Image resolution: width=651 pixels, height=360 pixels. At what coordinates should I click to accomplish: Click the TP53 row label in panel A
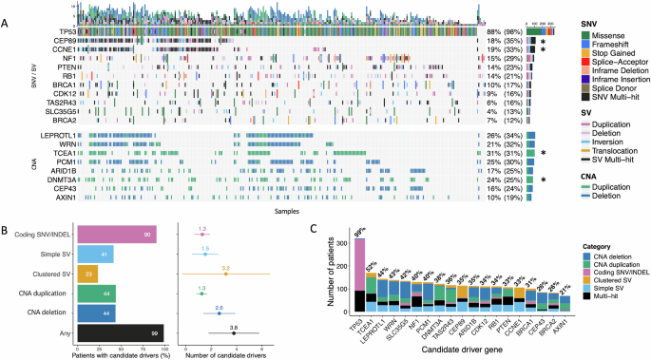pyautogui.click(x=66, y=32)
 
